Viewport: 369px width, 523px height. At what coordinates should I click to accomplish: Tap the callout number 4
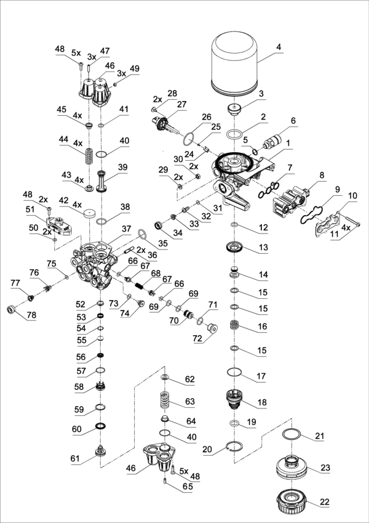278,47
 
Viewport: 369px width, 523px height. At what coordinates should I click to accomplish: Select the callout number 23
325,468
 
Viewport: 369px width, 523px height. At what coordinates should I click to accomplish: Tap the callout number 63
189,401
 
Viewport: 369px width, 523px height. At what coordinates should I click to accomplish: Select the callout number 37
127,229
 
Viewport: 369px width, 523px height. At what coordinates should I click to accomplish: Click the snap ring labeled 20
234,447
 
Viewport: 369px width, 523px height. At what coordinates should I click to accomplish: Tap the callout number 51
30,209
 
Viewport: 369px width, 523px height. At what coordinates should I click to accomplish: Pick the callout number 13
263,247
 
